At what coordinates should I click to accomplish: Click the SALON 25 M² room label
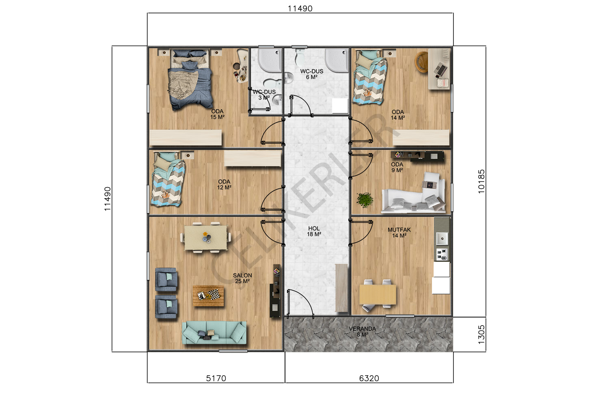(x=242, y=278)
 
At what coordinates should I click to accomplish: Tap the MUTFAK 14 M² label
(x=399, y=233)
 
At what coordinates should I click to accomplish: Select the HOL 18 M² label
(x=314, y=231)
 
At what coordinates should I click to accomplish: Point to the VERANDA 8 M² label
(x=363, y=331)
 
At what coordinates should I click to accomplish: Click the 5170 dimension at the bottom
(x=216, y=378)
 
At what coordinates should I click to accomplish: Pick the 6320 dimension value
(x=369, y=378)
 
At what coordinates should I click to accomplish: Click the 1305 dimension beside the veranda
(x=481, y=335)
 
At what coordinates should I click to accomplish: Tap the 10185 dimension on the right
(x=481, y=181)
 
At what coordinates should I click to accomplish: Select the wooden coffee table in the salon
(x=208, y=296)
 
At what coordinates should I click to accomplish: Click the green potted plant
(x=365, y=200)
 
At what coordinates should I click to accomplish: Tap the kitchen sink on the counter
(x=442, y=239)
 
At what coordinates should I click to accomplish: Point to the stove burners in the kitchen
(x=442, y=255)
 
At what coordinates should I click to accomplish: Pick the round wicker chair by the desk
(x=421, y=62)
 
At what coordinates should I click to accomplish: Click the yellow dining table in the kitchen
(x=377, y=294)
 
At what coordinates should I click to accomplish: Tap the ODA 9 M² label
(x=397, y=167)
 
